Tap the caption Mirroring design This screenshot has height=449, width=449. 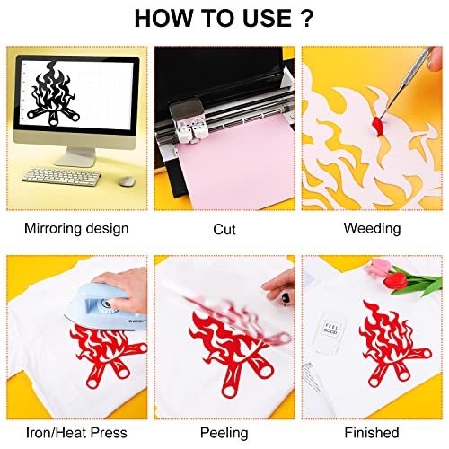point(76,229)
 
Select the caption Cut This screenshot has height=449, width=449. point(224,229)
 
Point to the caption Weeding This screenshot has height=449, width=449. point(372,229)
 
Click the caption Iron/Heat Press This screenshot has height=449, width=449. point(76,433)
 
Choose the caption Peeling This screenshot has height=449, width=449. point(224,433)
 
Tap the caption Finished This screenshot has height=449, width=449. point(372,433)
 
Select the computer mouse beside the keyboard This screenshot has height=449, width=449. point(124,180)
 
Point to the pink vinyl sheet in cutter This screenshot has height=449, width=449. point(224,175)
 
